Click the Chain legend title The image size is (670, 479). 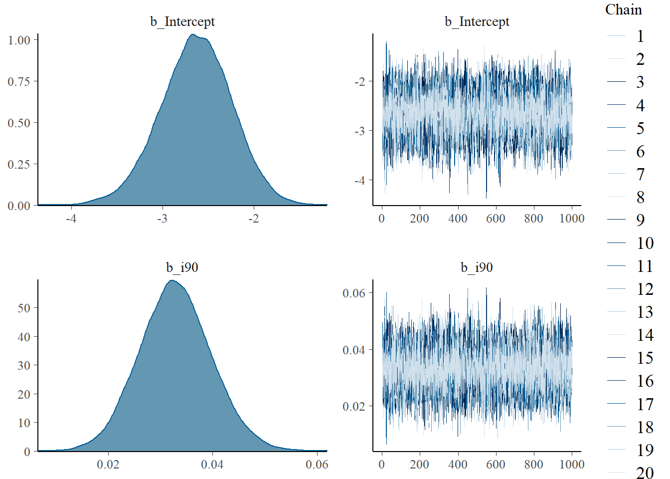tap(623, 9)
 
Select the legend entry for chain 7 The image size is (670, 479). tap(640, 174)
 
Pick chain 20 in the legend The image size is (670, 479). tap(645, 473)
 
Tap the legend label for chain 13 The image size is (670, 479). tap(645, 312)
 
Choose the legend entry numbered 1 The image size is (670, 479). tap(640, 36)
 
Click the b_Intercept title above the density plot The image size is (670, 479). tap(182, 21)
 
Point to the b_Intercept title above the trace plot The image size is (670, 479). tap(477, 21)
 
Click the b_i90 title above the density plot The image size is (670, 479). tap(182, 267)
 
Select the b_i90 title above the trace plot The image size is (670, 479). tap(477, 267)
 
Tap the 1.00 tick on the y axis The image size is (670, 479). tap(19, 40)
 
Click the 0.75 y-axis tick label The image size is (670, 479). tap(19, 81)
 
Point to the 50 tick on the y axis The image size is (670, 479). tap(24, 308)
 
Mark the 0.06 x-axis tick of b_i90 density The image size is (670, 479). tap(317, 465)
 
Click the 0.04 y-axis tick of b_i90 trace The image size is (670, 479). tap(354, 350)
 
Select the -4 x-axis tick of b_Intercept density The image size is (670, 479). tap(71, 219)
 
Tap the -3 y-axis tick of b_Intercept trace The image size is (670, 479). tap(359, 131)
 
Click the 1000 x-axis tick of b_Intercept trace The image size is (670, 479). tap(572, 219)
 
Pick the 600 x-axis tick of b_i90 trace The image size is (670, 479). tap(496, 465)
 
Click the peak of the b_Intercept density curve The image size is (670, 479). tap(193, 34)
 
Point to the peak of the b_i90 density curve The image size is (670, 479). tap(171, 280)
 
